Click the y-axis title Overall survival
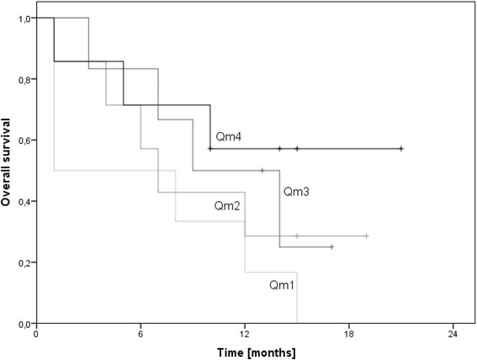[8, 171]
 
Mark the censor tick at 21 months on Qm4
[401, 149]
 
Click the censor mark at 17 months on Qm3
[331, 247]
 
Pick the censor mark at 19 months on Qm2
[367, 236]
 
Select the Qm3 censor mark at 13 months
[262, 171]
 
